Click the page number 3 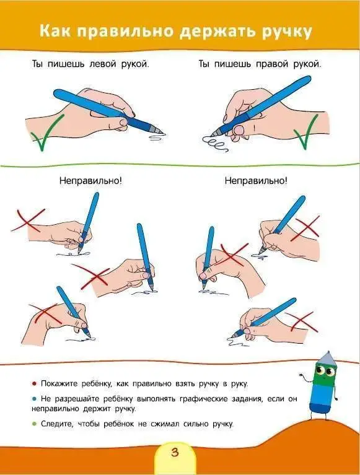(x=174, y=453)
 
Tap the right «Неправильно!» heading (x=256, y=181)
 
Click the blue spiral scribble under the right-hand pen (x=217, y=147)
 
